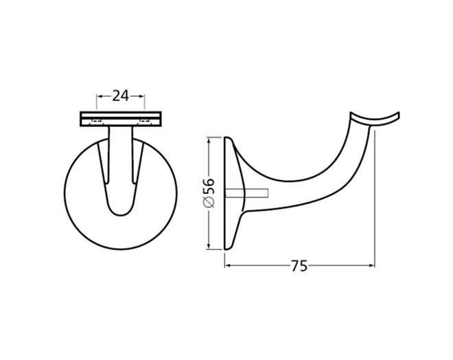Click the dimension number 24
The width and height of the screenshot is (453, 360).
pos(120,95)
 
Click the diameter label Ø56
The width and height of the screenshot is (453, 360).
pos(208,193)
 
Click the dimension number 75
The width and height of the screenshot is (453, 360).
pos(299,266)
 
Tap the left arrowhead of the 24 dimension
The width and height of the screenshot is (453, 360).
pos(99,96)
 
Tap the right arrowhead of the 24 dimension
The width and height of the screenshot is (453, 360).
pos(141,96)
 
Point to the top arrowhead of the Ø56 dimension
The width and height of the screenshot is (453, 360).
pos(208,140)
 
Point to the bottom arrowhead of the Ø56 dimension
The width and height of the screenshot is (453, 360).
pos(208,247)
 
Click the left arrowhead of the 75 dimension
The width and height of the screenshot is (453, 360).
pos(228,265)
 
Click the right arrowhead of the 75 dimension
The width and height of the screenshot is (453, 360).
pos(372,265)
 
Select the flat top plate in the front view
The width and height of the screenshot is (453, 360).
pos(120,119)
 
